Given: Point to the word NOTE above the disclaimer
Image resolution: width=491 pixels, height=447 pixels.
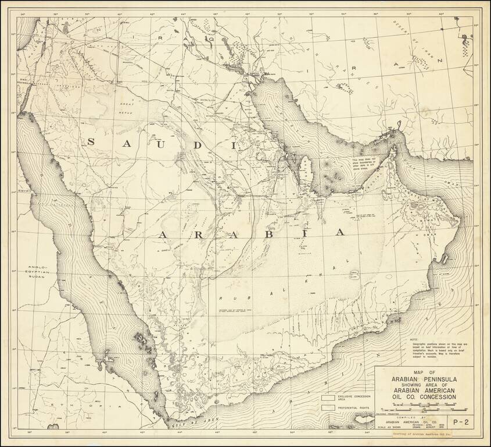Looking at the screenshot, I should click(413, 339).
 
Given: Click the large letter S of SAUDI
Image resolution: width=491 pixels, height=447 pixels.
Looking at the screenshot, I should click(92, 141).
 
